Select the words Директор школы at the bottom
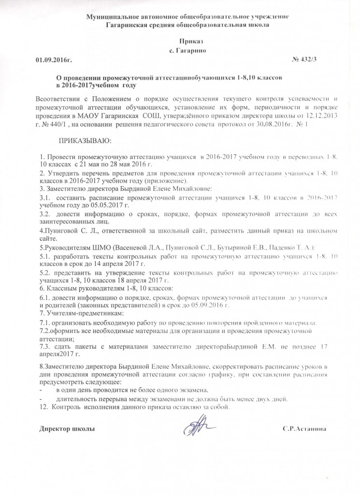[x=67, y=428]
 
